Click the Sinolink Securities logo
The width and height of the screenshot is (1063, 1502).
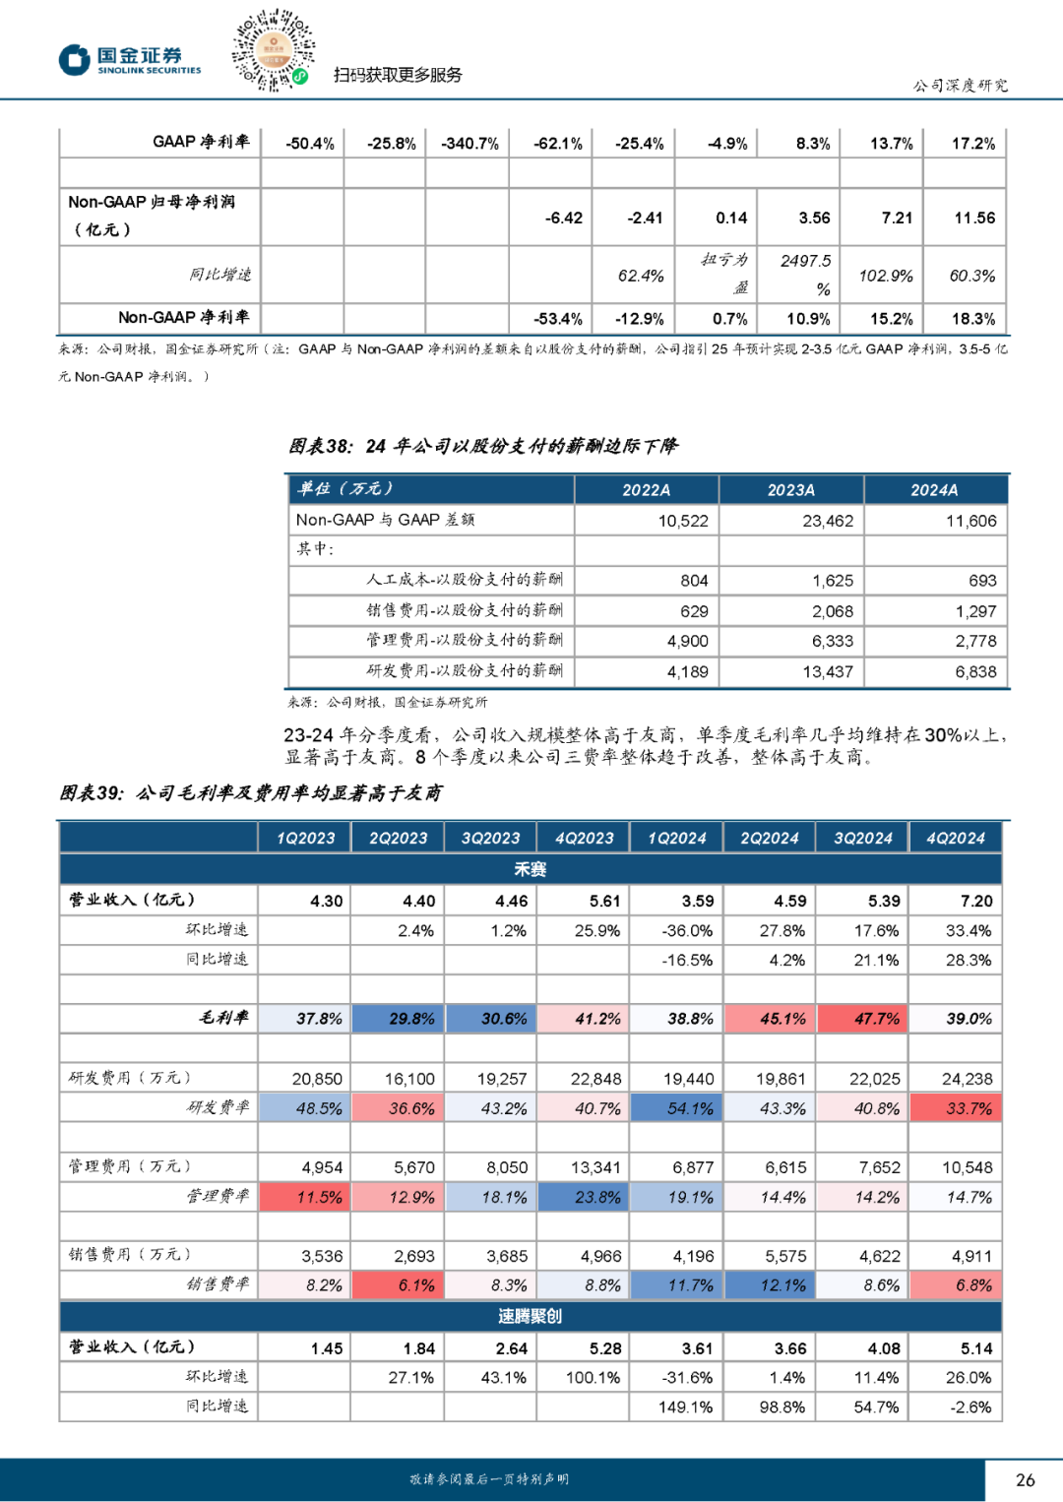coord(129,60)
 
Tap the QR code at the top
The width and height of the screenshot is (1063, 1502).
coord(273,49)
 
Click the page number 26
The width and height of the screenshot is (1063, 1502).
coord(1025,1479)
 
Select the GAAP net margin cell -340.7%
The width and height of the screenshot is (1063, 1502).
coord(469,144)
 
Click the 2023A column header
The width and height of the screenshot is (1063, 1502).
coord(790,490)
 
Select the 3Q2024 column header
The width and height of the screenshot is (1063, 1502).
coord(862,838)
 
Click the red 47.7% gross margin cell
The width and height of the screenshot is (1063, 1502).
coord(863,1019)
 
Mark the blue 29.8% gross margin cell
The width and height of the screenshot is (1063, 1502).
coord(399,1019)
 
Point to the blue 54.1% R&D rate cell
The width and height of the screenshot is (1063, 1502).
coord(677,1108)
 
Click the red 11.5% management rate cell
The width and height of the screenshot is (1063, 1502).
coord(306,1197)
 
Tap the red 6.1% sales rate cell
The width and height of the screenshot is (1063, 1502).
coord(399,1285)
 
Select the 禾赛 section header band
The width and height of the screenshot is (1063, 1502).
coord(531,869)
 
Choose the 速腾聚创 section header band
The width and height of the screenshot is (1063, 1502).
coord(531,1316)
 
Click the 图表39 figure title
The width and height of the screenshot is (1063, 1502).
coord(250,792)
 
